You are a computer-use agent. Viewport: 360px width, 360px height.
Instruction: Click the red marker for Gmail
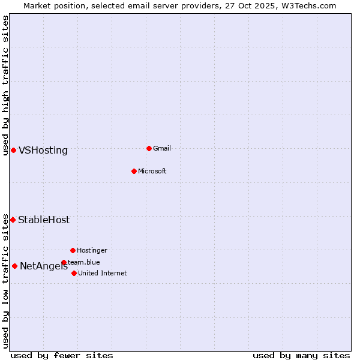tap(149, 148)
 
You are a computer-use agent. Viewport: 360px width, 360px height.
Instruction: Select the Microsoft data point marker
tap(134, 171)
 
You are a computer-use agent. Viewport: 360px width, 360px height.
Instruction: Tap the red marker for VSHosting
tap(13, 150)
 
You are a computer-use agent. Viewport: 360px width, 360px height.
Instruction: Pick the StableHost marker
tap(13, 220)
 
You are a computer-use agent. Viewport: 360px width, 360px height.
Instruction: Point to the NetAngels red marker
tap(14, 266)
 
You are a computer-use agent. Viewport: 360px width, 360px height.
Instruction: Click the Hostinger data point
tap(73, 250)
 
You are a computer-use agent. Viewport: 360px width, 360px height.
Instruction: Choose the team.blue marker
tap(64, 262)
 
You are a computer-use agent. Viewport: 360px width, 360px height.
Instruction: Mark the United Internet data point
tap(74, 273)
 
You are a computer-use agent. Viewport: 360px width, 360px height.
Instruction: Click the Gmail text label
tap(162, 148)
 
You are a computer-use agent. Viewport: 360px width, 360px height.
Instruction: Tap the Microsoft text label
tap(152, 171)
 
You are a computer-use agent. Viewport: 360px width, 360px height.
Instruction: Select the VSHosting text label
tap(43, 151)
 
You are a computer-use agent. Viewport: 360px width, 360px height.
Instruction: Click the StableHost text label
tap(44, 220)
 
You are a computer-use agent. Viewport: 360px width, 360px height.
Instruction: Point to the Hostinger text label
tap(92, 250)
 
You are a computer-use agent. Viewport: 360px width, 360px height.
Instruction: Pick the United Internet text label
tap(102, 273)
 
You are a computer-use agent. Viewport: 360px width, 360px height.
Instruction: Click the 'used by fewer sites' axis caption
tap(62, 355)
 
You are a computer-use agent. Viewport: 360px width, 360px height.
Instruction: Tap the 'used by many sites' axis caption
tap(301, 355)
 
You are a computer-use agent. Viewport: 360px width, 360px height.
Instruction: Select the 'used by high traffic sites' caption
tap(5, 85)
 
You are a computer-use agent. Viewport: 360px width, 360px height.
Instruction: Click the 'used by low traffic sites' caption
tap(5, 281)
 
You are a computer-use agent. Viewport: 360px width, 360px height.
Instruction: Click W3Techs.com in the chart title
tap(306, 5)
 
